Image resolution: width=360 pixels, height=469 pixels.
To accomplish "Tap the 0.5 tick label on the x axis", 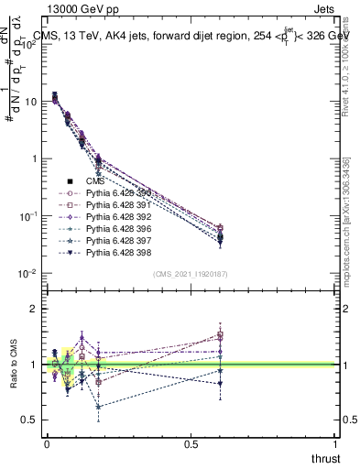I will [x=191, y=444].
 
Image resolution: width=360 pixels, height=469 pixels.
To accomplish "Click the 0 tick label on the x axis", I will [x=47, y=444].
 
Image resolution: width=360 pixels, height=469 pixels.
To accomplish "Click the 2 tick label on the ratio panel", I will [x=34, y=310].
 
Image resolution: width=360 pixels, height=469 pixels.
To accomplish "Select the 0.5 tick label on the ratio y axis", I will [x=29, y=420].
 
